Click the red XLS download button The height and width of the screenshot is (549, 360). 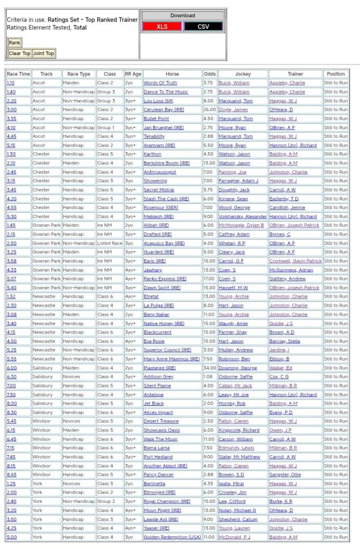coord(161,26)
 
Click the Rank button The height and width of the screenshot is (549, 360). coord(14,42)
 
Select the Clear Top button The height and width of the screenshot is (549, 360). coord(19,54)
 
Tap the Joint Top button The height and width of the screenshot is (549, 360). coord(43,54)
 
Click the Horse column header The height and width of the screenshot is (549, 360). coord(172,74)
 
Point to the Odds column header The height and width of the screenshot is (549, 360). coord(210,74)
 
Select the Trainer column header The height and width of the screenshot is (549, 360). coord(295,74)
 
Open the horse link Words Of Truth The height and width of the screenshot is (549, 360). coord(160,83)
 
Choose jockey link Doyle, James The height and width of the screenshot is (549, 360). coord(233,110)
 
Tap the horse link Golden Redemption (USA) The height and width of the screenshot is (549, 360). coord(172,537)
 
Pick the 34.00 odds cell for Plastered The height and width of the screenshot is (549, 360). coord(210,368)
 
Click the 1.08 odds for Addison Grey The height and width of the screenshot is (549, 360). coord(209,377)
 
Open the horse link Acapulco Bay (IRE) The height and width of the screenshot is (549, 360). coord(164,243)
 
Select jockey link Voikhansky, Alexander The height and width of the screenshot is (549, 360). coord(243,217)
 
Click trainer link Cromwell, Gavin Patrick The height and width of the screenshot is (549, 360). coord(295,261)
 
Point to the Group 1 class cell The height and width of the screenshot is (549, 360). coord(106,128)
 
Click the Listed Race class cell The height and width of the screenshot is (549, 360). coord(109,243)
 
